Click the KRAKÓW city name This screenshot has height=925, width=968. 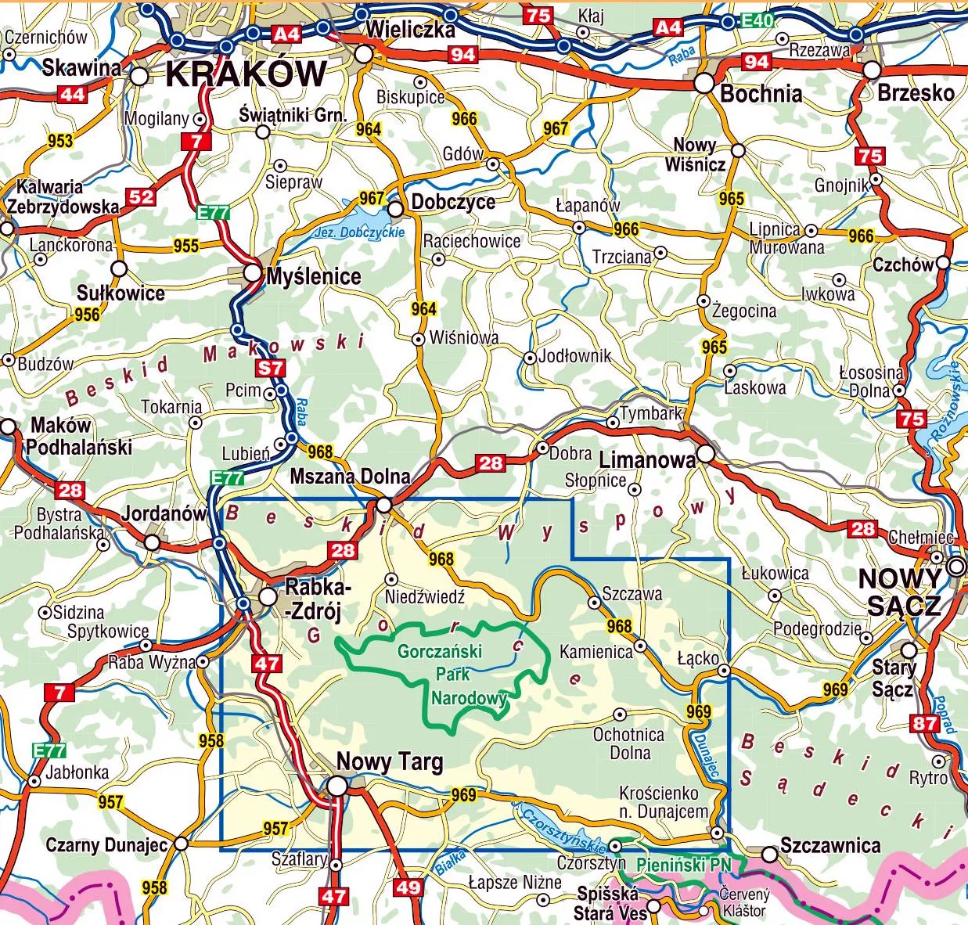coord(246,74)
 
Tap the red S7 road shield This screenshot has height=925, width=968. coord(272,368)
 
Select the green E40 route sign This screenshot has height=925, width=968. coord(757,21)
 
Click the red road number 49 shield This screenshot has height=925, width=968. coord(408,887)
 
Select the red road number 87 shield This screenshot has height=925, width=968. coord(924,723)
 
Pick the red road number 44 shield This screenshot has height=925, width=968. coord(72,95)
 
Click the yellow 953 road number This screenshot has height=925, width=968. coord(60,142)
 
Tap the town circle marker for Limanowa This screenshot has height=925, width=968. coord(706,454)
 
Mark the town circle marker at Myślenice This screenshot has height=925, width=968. coord(253,273)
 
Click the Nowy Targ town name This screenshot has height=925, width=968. coord(389,761)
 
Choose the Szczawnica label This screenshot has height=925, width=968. coord(830,845)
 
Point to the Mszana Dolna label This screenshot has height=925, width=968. coord(350,476)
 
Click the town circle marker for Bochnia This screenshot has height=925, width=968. coord(704,81)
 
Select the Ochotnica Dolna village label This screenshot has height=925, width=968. coord(628,743)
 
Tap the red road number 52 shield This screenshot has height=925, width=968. coord(141,196)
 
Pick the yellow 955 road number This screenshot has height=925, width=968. coord(186,246)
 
